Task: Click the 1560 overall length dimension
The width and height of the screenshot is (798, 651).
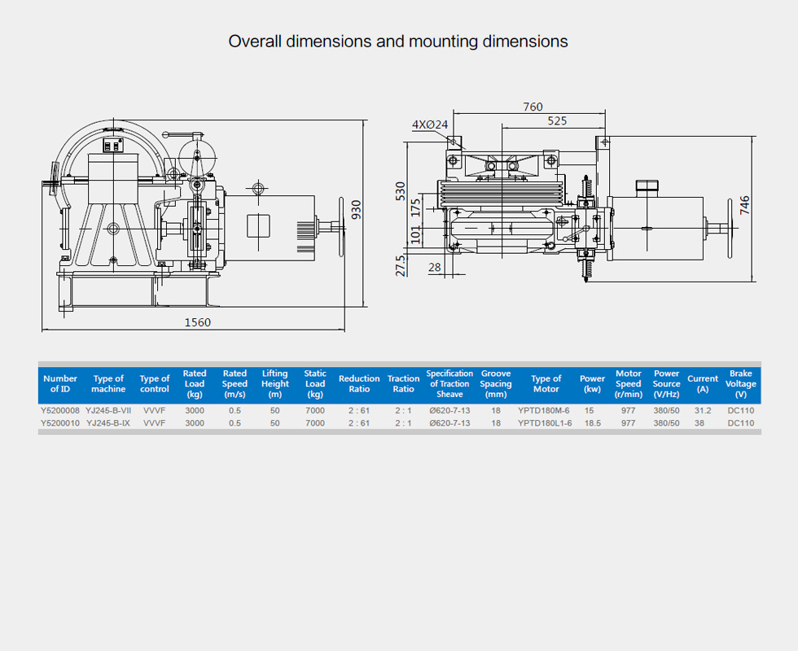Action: [x=197, y=322]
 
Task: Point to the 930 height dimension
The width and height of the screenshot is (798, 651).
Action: [x=357, y=210]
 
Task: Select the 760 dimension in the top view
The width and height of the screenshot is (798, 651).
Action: [x=533, y=107]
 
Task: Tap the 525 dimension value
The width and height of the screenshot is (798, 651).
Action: [x=557, y=121]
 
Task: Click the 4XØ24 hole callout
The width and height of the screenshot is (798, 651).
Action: [x=430, y=125]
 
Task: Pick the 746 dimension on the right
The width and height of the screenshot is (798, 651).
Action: [x=744, y=205]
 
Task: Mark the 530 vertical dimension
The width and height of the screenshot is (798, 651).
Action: [x=401, y=191]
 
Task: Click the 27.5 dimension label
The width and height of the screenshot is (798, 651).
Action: [x=401, y=265]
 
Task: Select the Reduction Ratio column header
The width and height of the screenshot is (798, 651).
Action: [x=359, y=383]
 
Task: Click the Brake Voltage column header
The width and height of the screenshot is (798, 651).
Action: [x=740, y=383]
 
